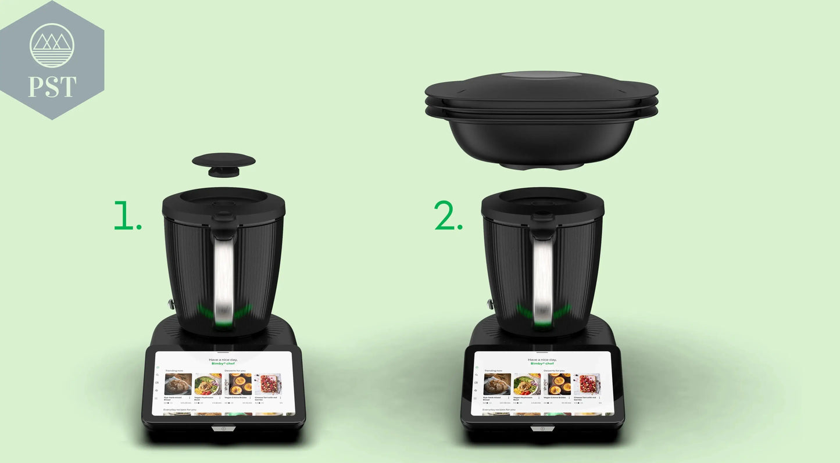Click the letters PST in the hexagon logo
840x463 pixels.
tap(52, 86)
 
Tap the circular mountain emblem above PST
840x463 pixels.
tap(52, 45)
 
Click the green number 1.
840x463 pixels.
tap(127, 216)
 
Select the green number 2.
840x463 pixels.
tap(448, 216)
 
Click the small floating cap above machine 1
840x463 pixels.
tap(223, 162)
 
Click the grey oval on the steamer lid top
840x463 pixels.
tap(541, 76)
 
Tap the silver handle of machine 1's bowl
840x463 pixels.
tap(223, 279)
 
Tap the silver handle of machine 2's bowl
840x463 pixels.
tap(542, 279)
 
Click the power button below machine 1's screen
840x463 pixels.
tap(224, 429)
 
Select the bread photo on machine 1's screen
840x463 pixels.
tap(178, 385)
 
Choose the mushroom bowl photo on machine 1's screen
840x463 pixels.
tap(208, 385)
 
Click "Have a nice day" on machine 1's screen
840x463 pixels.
tap(223, 360)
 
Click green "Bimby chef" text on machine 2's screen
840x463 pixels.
tap(542, 364)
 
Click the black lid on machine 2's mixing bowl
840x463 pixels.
tap(542, 203)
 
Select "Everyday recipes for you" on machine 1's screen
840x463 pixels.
tap(180, 410)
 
